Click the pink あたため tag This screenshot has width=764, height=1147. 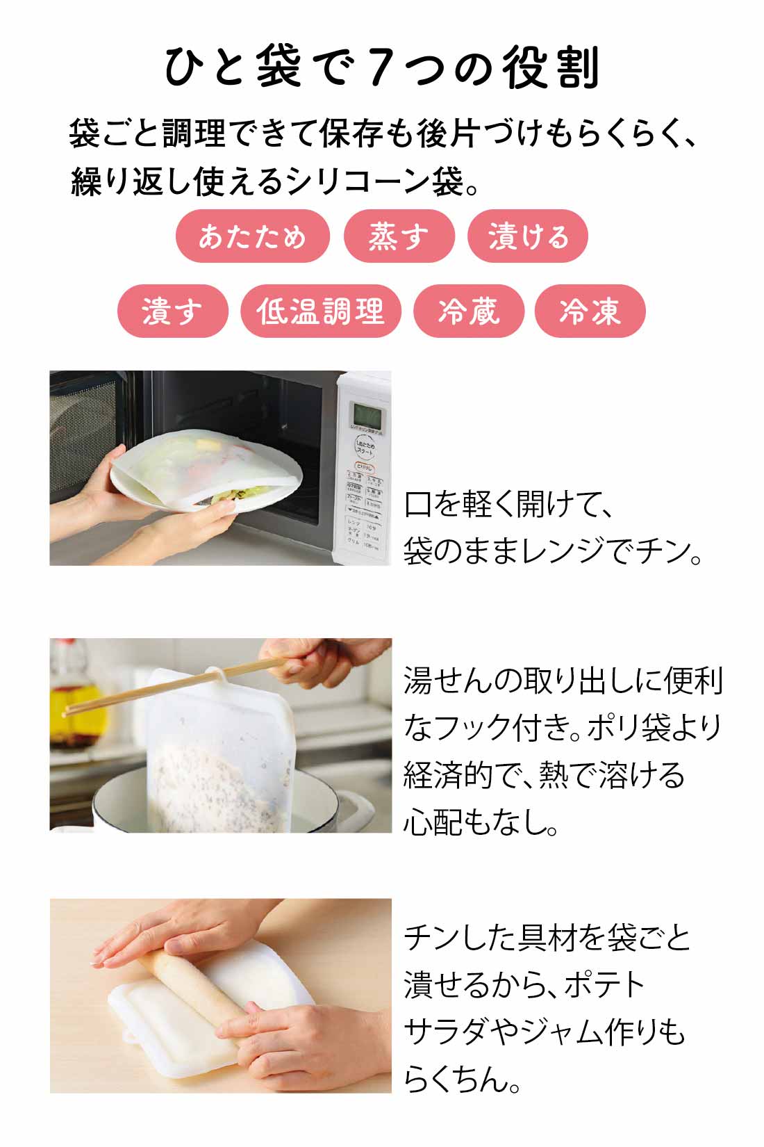coord(252,236)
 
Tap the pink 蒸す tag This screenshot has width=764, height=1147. coord(399,236)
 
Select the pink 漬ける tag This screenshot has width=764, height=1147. coord(528,236)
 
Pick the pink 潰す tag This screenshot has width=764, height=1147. coord(172,311)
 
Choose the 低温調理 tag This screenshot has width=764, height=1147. coord(321,311)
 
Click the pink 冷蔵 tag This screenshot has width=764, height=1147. coord(469,311)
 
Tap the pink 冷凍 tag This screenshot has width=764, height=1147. coord(590,311)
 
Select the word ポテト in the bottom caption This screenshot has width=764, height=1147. coord(604,985)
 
